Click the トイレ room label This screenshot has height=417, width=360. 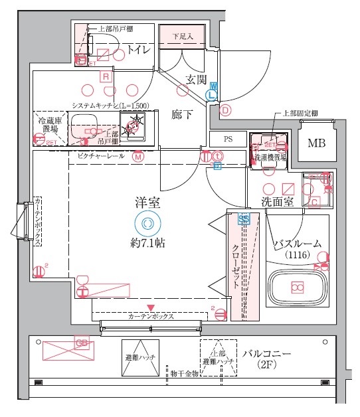click(x=135, y=50)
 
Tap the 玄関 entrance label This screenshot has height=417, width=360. click(x=196, y=80)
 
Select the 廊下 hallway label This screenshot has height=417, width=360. click(x=182, y=114)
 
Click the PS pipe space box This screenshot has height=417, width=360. click(x=228, y=139)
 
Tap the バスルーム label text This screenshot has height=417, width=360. click(x=298, y=244)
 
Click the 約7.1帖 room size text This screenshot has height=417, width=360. click(x=147, y=244)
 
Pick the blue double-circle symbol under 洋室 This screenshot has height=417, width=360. click(x=147, y=224)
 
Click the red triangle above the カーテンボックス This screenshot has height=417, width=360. click(x=151, y=307)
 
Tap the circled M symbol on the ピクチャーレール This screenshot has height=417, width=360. click(x=137, y=157)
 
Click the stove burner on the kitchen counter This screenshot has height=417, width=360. click(x=135, y=122)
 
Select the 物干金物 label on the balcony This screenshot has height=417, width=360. click(x=184, y=374)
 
